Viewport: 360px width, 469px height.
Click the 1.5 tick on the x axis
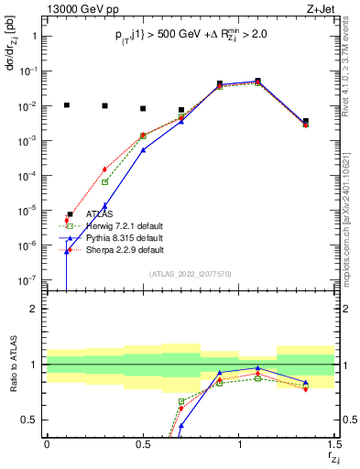coord(334,444)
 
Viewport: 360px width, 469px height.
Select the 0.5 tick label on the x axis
coord(143,444)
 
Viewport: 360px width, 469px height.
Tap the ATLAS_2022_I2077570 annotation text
coord(189,273)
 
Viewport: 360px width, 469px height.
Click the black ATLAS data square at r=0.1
coord(66,105)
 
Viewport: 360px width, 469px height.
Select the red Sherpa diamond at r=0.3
coord(104,169)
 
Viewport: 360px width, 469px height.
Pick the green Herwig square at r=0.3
coord(104,181)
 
